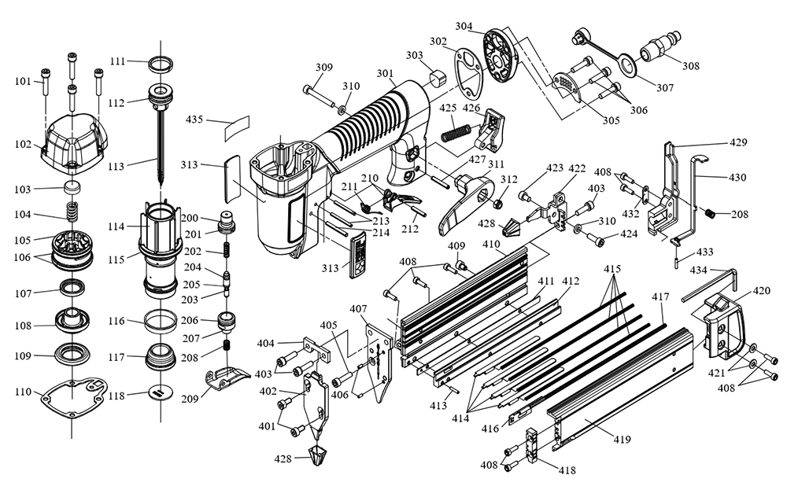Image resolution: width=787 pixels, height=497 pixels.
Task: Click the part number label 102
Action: point(22,145)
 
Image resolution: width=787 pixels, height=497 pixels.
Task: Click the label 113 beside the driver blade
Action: point(117,166)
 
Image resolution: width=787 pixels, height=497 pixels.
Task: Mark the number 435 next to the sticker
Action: point(194,120)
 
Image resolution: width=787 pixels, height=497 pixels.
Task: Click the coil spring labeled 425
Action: point(457,131)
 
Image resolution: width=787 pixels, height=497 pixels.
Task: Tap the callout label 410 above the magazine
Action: point(491,245)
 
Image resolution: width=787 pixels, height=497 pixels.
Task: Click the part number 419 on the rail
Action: point(622,439)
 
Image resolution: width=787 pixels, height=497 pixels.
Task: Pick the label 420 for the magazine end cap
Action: point(761,291)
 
